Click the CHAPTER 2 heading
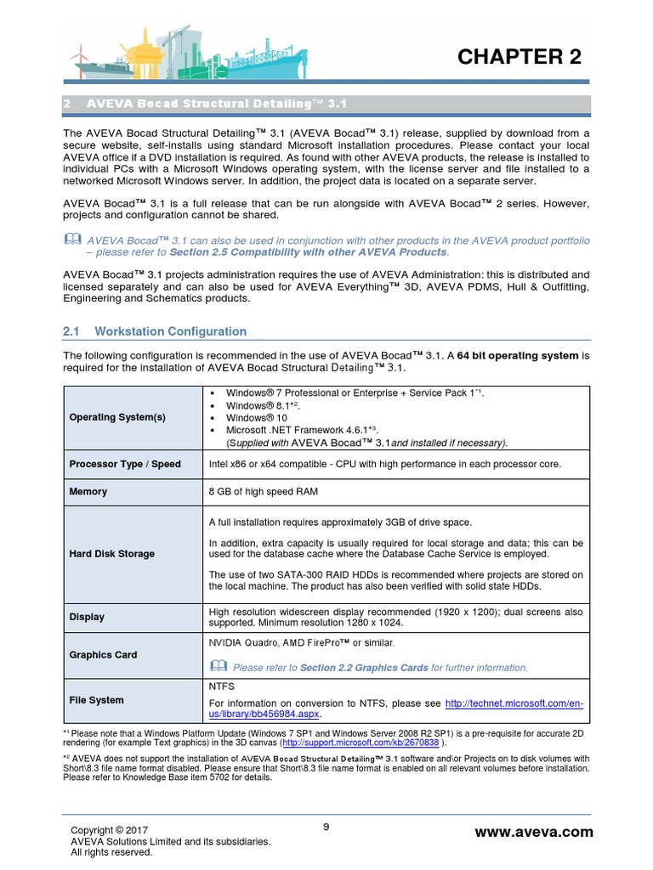coord(520,57)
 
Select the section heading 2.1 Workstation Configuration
coord(156,331)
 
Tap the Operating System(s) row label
coord(117,417)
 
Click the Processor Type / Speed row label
coord(124,465)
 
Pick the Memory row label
coord(88,492)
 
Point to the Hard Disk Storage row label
coord(111,554)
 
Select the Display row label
coord(87,618)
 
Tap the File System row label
coord(96,700)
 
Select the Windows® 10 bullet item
coord(257,419)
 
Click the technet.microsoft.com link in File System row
coord(514,703)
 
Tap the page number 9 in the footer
coord(326,826)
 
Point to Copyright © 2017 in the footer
coord(110,830)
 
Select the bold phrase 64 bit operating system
coord(518,354)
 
